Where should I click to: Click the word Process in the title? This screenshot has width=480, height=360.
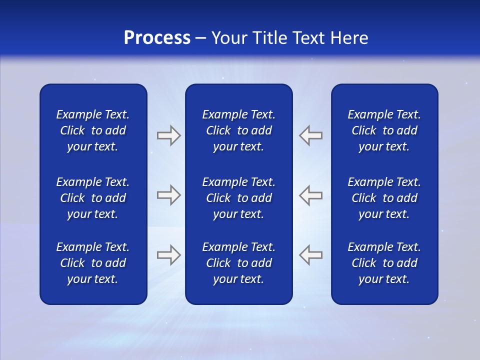pyautogui.click(x=157, y=38)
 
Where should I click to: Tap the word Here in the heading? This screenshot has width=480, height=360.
pyautogui.click(x=349, y=38)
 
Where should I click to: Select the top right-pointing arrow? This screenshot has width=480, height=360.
pyautogui.click(x=168, y=135)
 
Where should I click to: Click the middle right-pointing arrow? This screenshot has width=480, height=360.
pyautogui.click(x=168, y=195)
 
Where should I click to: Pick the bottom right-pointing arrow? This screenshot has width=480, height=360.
pyautogui.click(x=168, y=255)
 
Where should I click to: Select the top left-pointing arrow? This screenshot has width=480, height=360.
pyautogui.click(x=310, y=135)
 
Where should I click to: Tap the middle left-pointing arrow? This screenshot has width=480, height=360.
pyautogui.click(x=310, y=195)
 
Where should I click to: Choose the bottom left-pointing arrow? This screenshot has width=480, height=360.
pyautogui.click(x=310, y=255)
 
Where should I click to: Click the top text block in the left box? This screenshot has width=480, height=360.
pyautogui.click(x=93, y=130)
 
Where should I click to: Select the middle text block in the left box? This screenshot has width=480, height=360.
pyautogui.click(x=93, y=198)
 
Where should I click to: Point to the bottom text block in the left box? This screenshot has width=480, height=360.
pyautogui.click(x=93, y=263)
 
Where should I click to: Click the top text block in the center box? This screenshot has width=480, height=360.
pyautogui.click(x=238, y=130)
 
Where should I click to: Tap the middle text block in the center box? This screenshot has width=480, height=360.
pyautogui.click(x=238, y=198)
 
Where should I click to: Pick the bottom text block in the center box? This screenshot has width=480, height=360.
pyautogui.click(x=238, y=263)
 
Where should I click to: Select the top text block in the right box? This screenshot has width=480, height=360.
pyautogui.click(x=384, y=130)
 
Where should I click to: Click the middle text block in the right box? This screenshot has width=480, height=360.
pyautogui.click(x=384, y=198)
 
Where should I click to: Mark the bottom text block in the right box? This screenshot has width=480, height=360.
pyautogui.click(x=384, y=263)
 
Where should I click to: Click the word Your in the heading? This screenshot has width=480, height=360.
pyautogui.click(x=229, y=38)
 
